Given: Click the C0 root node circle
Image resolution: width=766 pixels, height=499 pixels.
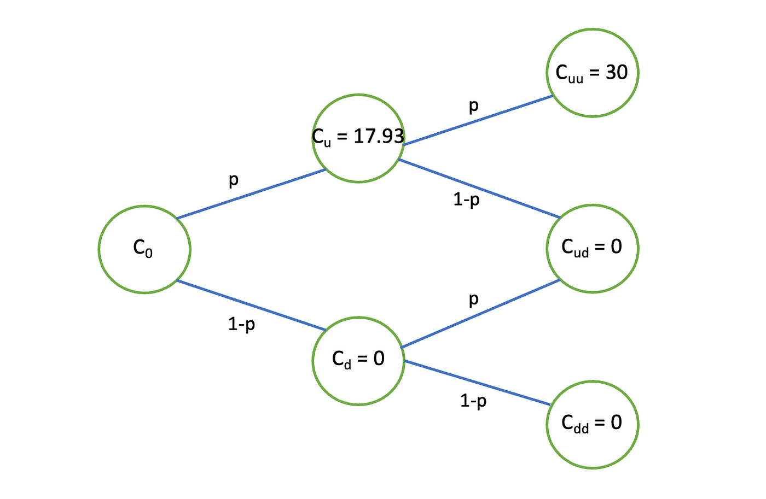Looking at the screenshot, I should click(144, 249).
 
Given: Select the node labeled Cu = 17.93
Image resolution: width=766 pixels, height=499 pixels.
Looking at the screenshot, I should click(358, 138).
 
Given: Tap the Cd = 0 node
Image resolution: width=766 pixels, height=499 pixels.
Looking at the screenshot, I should click(358, 360).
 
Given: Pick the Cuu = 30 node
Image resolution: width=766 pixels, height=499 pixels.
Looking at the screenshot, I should click(592, 73).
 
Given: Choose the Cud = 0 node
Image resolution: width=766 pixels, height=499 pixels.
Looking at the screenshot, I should click(592, 248).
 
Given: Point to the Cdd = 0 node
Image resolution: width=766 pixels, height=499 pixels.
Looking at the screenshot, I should click(592, 424).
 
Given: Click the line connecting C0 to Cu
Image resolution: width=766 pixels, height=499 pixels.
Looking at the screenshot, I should click(252, 194).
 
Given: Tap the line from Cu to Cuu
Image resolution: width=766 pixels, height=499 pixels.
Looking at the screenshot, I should click(477, 121).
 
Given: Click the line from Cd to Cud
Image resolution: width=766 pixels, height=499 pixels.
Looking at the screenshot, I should click(480, 314).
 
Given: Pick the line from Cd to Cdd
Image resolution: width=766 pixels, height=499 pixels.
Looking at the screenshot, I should click(477, 383).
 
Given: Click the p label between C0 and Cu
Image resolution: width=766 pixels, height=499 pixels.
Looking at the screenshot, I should click(234, 180).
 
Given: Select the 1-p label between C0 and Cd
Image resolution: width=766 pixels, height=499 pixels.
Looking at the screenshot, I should click(241, 325).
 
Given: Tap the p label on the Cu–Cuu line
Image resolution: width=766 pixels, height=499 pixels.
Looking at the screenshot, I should click(474, 105).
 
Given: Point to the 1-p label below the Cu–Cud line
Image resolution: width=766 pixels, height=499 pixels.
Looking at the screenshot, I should click(466, 200).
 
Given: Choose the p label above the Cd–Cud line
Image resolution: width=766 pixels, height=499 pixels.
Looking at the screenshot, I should click(474, 300).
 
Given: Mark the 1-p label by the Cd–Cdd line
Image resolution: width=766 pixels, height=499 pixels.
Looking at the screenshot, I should click(473, 402).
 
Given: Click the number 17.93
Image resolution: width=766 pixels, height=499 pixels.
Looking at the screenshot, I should click(379, 136).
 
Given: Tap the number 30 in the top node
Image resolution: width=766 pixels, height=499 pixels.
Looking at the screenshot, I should click(616, 72).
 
